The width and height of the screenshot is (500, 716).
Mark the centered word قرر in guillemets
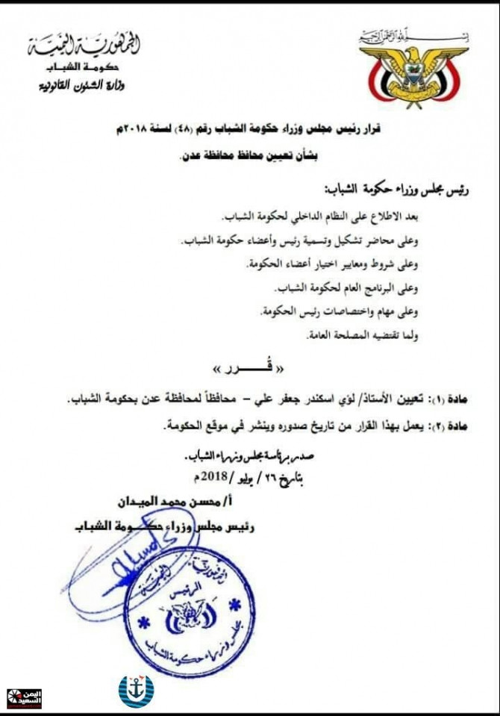tap(250, 369)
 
